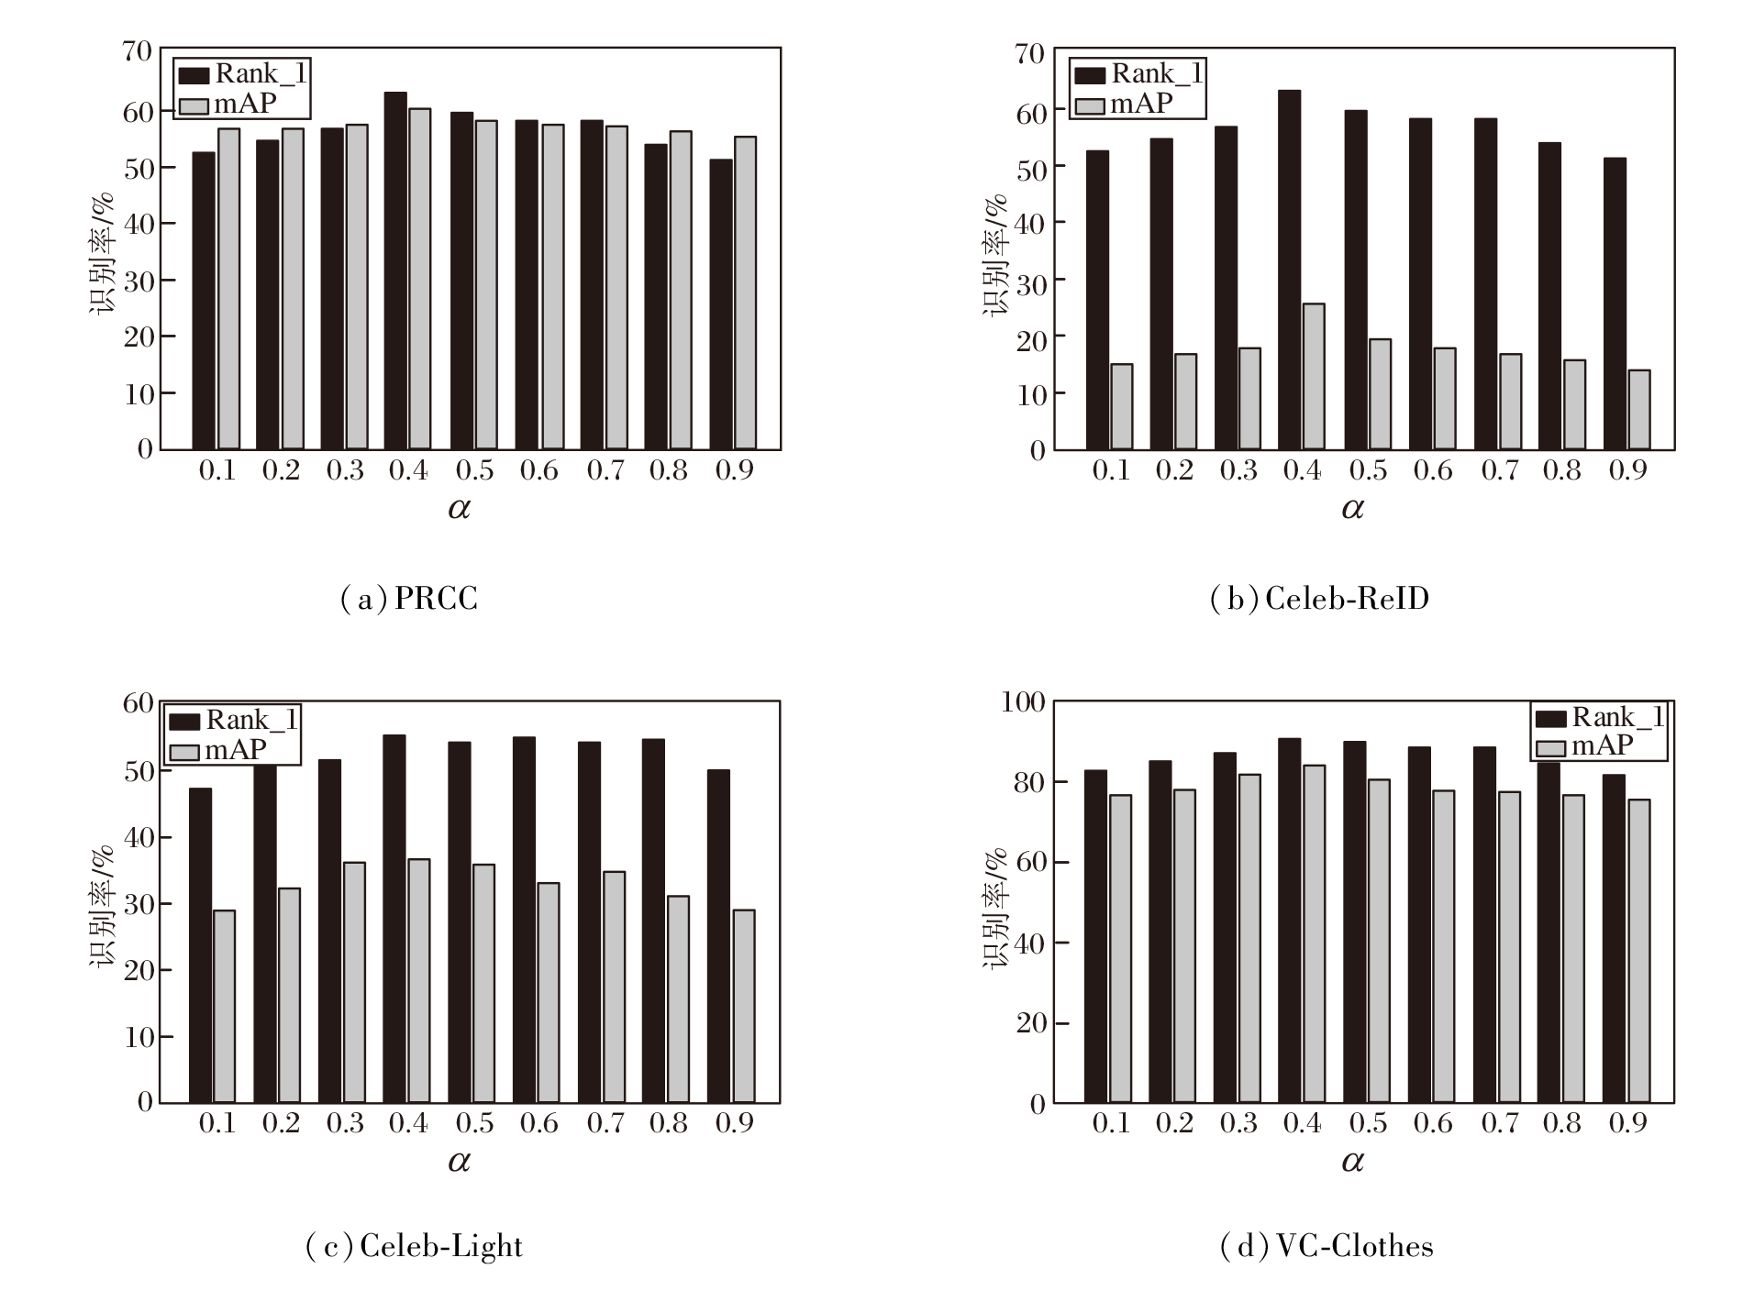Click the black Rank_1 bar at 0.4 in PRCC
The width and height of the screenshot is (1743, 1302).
tap(395, 271)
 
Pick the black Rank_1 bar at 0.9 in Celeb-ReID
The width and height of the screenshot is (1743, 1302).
tap(1615, 304)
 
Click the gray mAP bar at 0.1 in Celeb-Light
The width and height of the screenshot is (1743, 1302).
tap(224, 1006)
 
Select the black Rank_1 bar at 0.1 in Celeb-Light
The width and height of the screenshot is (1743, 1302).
tap(200, 945)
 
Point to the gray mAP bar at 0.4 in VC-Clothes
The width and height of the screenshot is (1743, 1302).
tap(1313, 933)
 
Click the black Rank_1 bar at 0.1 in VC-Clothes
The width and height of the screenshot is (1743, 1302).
tap(1095, 936)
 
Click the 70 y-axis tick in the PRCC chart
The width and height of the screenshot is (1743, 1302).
tap(137, 51)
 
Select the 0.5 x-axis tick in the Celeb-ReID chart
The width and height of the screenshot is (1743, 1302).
tap(1368, 471)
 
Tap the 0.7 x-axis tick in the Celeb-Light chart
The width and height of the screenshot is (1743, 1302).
tap(605, 1124)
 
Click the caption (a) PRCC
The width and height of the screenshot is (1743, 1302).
tap(409, 600)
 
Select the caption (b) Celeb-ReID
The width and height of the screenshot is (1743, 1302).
tap(1319, 600)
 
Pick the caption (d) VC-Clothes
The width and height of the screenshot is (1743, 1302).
tap(1327, 1246)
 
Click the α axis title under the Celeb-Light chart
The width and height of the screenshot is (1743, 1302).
tap(459, 1162)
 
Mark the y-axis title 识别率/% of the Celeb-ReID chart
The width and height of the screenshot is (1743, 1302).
tap(996, 255)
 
